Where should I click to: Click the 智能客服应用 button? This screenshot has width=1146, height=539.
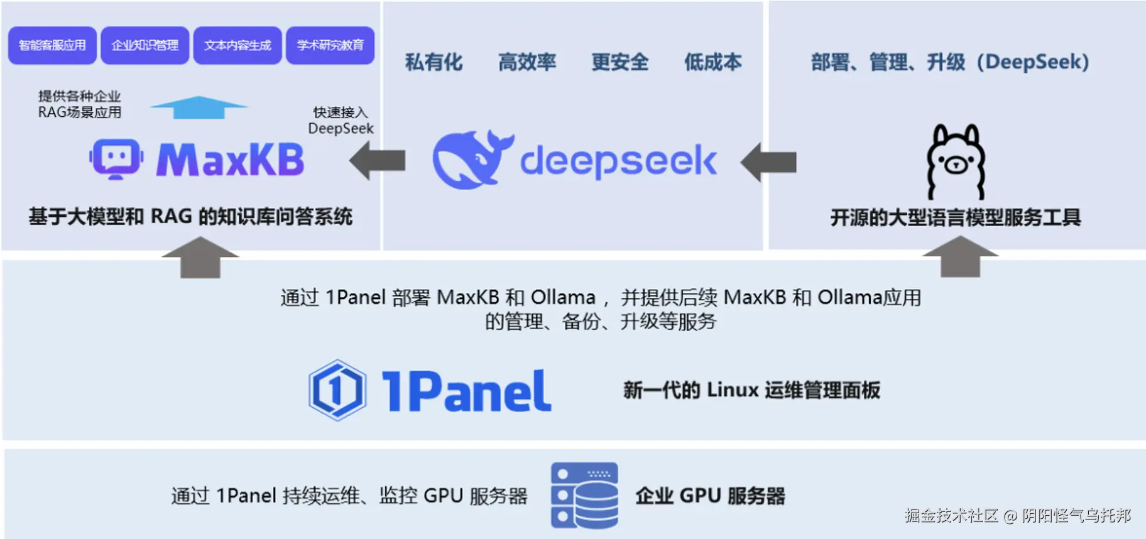(52, 45)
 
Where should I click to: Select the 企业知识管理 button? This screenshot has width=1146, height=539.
(145, 45)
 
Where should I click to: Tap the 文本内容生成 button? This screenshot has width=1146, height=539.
(237, 45)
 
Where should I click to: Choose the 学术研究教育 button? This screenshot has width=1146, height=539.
(330, 45)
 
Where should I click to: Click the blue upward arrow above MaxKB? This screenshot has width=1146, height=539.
(199, 107)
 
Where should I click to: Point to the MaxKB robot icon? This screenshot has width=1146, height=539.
(116, 159)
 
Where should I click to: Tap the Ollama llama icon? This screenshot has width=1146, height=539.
(956, 161)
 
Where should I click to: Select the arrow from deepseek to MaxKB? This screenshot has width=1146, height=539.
(378, 161)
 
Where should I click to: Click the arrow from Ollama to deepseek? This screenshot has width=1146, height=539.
(768, 162)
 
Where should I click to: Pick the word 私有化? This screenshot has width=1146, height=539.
(434, 62)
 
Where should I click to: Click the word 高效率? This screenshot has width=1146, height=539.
(527, 62)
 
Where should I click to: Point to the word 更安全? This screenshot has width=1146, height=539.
(619, 62)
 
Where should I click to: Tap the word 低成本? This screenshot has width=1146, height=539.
(712, 62)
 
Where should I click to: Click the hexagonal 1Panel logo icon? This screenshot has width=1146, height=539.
(337, 390)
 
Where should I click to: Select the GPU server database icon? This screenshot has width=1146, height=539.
(584, 496)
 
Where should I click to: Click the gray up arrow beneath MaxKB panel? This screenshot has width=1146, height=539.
(200, 258)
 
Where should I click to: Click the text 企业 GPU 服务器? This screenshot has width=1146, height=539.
(710, 496)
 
